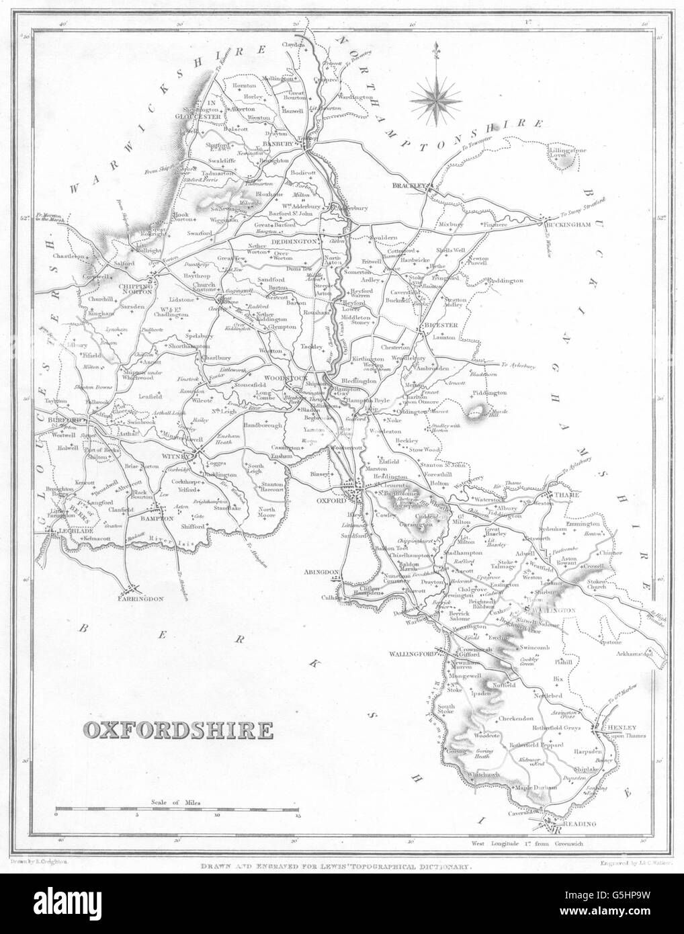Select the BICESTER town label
440,325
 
